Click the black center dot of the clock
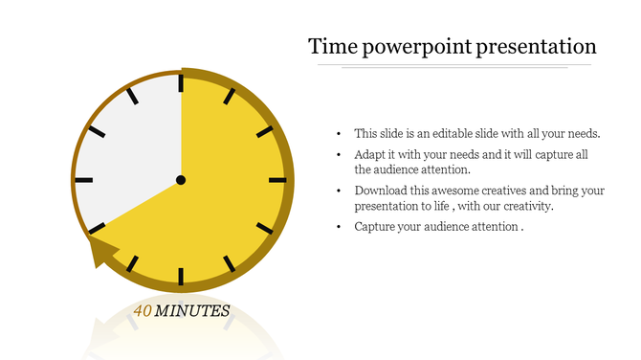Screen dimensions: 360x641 (x=181, y=179)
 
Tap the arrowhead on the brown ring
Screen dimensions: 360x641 (x=100, y=254)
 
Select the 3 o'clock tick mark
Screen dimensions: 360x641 (x=277, y=179)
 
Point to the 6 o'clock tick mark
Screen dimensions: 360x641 (x=181, y=277)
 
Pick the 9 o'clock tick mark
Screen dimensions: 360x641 (x=83, y=179)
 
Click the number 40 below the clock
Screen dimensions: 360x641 (x=143, y=311)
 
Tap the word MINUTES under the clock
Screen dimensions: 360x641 (x=192, y=311)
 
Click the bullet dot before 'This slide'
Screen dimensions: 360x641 (x=340, y=134)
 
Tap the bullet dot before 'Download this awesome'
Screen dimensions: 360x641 (x=340, y=191)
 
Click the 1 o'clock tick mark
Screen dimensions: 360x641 (x=230, y=95)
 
